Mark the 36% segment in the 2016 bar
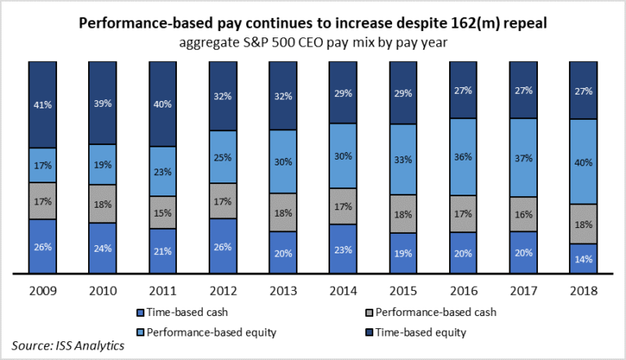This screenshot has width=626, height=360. (x=462, y=156)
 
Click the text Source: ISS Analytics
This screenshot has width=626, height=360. (x=68, y=345)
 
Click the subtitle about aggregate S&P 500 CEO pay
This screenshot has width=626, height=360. (x=313, y=42)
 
